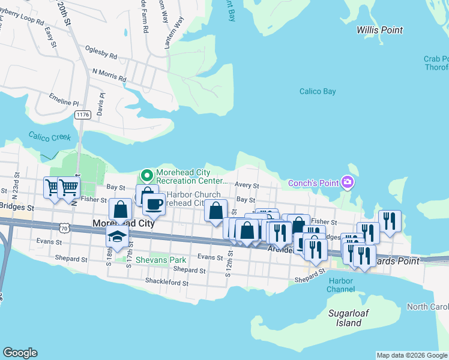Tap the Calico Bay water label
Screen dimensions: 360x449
(x=318, y=92)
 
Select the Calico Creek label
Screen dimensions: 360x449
(x=49, y=137)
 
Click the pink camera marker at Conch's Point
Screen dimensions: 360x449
(x=347, y=182)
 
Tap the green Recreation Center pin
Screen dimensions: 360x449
(x=146, y=176)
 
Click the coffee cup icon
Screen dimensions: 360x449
(x=154, y=205)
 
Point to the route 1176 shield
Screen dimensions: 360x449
(x=82, y=113)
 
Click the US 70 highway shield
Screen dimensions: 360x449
(x=65, y=227)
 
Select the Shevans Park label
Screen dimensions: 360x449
(x=160, y=260)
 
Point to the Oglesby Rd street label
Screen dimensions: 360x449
(x=101, y=54)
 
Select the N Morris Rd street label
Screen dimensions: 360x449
(x=109, y=74)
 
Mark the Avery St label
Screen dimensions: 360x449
(x=247, y=186)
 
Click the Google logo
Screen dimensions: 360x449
(x=20, y=353)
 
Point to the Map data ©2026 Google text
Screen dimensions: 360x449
(x=412, y=355)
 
